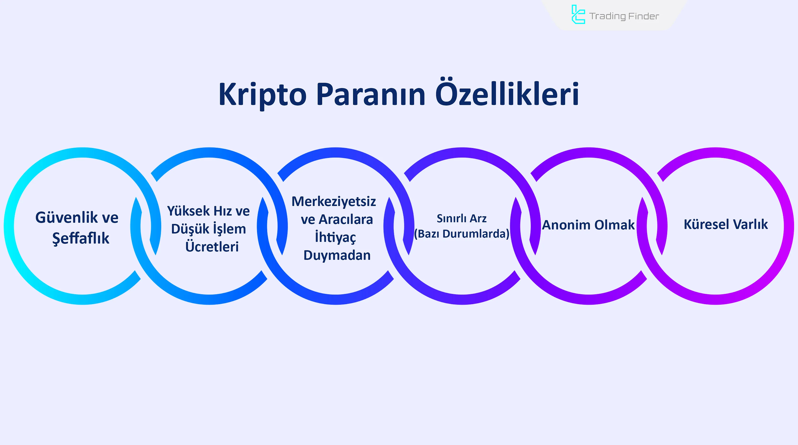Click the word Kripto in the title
[x=262, y=95]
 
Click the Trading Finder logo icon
[x=578, y=15]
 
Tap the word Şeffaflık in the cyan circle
[x=81, y=238]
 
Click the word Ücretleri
[x=212, y=247]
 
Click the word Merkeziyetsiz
[x=334, y=202]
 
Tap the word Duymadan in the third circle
[x=337, y=256]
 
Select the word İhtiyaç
[x=335, y=237]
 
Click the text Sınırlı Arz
[x=461, y=219]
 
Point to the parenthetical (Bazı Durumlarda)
[x=461, y=234]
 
